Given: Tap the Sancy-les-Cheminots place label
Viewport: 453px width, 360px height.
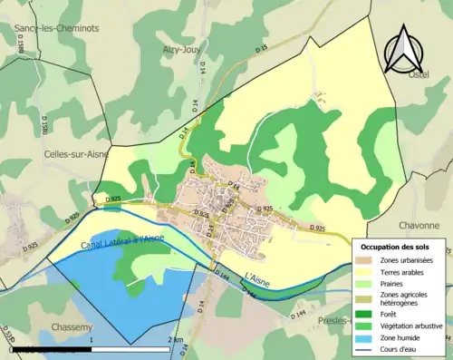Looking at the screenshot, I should (x=56, y=28).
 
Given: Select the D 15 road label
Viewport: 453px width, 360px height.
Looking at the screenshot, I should (x=262, y=44).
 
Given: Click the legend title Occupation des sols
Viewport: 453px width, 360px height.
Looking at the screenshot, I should (x=399, y=246).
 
